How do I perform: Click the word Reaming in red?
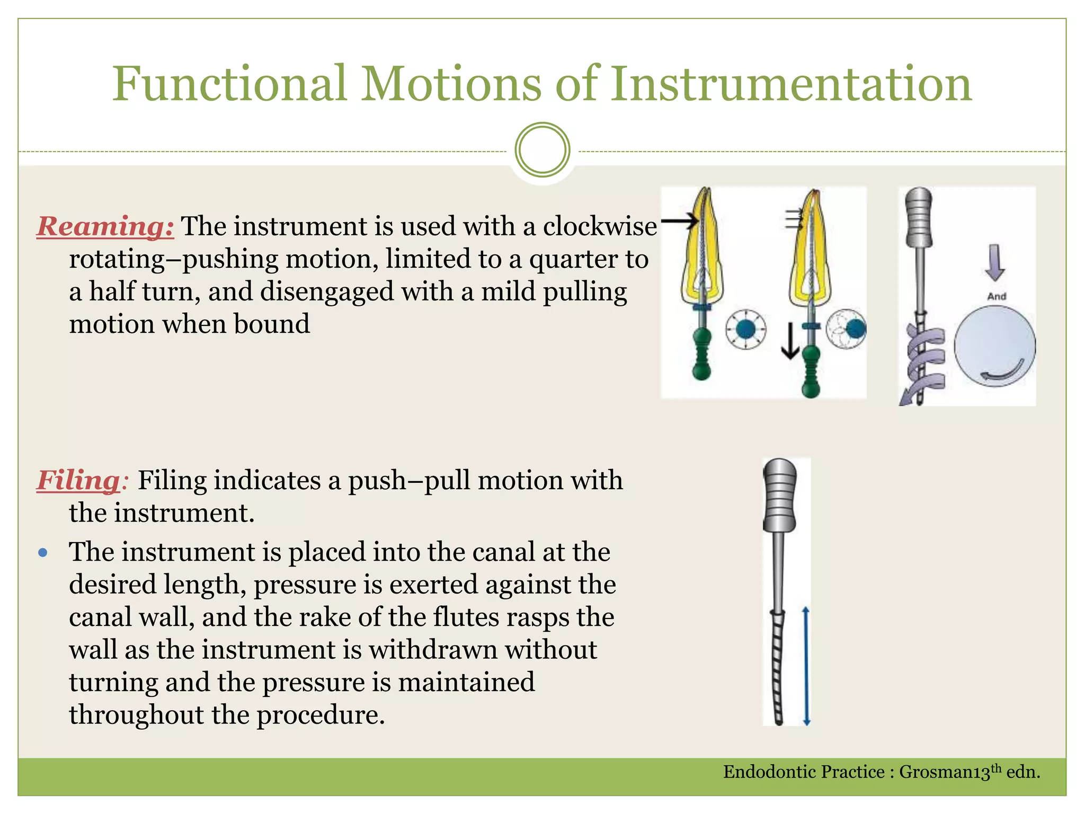[x=105, y=226]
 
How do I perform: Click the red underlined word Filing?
[x=78, y=481]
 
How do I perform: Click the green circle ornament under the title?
[x=542, y=150]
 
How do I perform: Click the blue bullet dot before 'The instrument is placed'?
[x=43, y=553]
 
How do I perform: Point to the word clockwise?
[x=600, y=226]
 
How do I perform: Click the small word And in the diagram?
[x=997, y=296]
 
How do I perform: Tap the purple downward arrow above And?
[x=995, y=263]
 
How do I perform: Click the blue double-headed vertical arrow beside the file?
[x=806, y=666]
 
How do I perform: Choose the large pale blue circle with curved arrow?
[x=994, y=347]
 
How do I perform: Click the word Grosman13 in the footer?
[x=945, y=772]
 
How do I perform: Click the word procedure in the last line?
[x=321, y=715]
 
